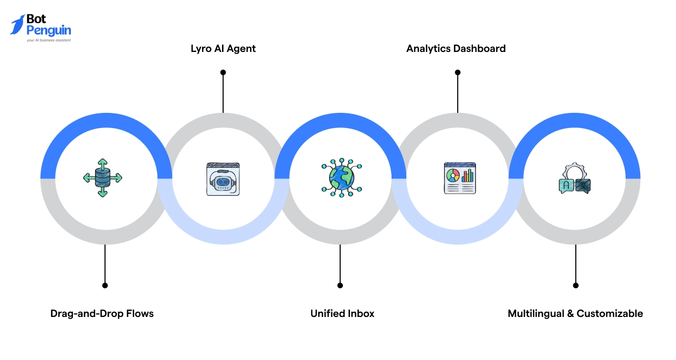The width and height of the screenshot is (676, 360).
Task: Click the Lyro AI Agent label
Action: coord(223,49)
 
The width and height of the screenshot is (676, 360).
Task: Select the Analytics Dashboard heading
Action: coord(456,49)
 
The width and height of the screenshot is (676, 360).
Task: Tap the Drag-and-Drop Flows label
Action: coord(102,314)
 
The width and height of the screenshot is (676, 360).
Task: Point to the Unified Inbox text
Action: coord(342,314)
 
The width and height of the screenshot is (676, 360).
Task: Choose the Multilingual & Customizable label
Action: coord(575,314)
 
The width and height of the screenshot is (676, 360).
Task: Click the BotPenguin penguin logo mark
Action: coord(17,24)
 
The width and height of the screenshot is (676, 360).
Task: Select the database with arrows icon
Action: coord(102,178)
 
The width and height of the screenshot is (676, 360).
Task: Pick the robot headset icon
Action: coord(223,179)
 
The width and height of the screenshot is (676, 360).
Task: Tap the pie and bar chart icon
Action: coord(459,178)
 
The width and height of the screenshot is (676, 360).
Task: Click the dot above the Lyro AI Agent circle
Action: coord(223,72)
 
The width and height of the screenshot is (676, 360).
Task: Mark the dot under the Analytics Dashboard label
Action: coord(457,72)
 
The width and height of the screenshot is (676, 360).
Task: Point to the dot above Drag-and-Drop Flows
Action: coord(105,285)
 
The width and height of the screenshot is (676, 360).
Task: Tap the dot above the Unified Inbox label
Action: coord(340,285)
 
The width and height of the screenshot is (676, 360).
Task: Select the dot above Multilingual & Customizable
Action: coord(576,285)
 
